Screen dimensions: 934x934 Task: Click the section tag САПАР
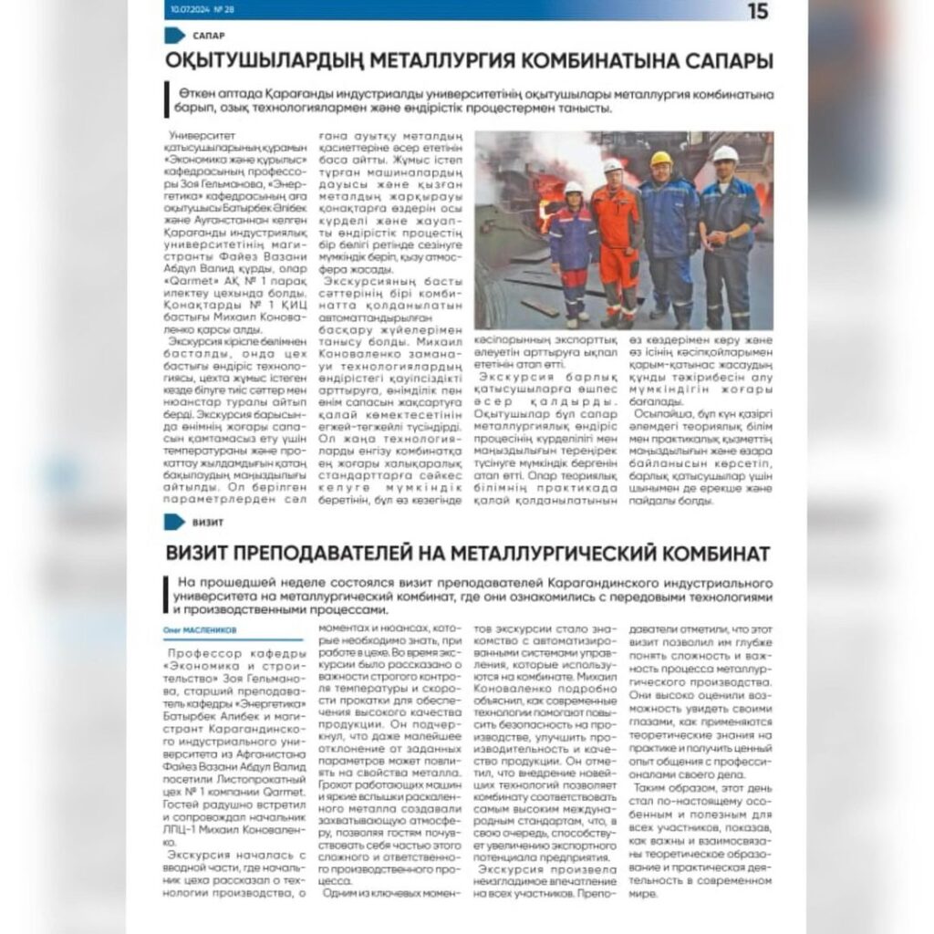pyautogui.click(x=209, y=36)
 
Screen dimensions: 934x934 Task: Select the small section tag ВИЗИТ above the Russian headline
pyautogui.click(x=208, y=524)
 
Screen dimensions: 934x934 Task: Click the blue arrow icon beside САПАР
pyautogui.click(x=175, y=36)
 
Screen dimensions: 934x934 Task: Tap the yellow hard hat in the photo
pyautogui.click(x=661, y=159)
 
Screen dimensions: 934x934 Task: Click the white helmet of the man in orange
pyautogui.click(x=613, y=165)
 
